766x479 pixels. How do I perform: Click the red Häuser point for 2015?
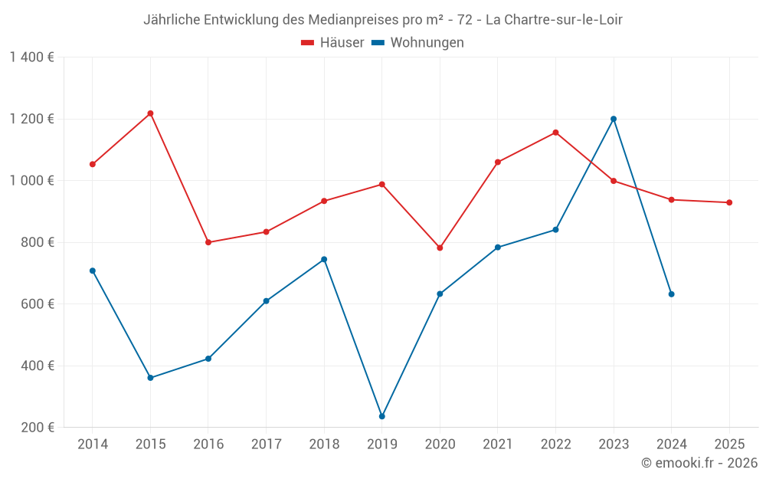coord(150,113)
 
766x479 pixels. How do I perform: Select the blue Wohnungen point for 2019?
coord(381,416)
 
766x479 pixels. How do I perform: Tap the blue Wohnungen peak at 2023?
coord(614,119)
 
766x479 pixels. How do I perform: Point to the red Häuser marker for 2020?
coord(440,248)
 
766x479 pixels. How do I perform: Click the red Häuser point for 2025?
coord(729,202)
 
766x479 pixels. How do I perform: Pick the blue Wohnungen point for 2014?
coord(93,271)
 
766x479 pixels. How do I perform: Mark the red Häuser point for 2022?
coord(555,133)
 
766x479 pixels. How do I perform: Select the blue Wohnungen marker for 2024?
coord(671,294)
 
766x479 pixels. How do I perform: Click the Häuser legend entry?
coord(332,43)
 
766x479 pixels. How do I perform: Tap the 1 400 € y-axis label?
coord(31,57)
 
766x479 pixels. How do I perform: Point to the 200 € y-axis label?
coord(37,428)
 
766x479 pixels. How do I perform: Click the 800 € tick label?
coord(37,242)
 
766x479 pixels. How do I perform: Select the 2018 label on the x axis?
coord(324,445)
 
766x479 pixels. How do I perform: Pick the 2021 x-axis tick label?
coord(497,445)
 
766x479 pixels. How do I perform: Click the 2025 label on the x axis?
coord(729,445)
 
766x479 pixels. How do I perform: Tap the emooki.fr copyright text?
coord(699,463)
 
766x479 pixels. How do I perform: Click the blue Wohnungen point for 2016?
coord(208,359)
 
